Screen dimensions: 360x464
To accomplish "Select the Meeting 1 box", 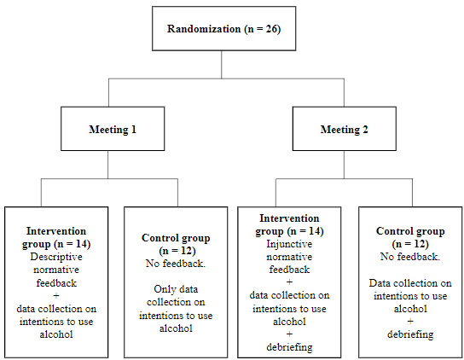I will click(113, 130).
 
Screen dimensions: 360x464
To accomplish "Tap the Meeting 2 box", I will click(345, 130).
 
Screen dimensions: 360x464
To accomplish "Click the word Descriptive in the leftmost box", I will click(57, 255).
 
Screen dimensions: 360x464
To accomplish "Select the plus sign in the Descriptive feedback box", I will click(57, 293).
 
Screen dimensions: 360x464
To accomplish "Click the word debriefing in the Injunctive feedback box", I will click(288, 346).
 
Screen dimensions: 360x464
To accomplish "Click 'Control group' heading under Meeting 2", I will click(410, 230).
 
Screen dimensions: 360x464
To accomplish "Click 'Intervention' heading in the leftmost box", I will click(57, 230).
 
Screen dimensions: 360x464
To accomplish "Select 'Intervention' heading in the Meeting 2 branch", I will click(288, 218).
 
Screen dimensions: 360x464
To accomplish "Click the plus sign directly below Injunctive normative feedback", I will click(288, 282).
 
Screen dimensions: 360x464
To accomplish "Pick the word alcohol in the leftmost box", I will click(57, 334).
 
